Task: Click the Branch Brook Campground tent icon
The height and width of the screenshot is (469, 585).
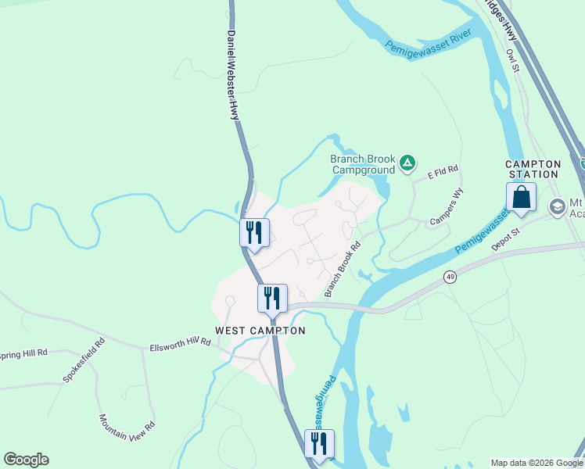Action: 407,163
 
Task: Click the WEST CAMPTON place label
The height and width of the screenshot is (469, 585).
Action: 260,331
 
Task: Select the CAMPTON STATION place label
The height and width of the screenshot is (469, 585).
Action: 533,169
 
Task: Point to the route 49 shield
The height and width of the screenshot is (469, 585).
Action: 450,277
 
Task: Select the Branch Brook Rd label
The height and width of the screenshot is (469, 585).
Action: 343,268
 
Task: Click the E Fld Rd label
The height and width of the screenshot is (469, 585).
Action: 442,171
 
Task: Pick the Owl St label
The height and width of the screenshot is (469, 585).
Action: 513,62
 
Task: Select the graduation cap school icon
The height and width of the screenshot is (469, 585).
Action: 558,207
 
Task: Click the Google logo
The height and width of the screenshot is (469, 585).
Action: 26,460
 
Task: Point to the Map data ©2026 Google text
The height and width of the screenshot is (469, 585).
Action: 537,463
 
